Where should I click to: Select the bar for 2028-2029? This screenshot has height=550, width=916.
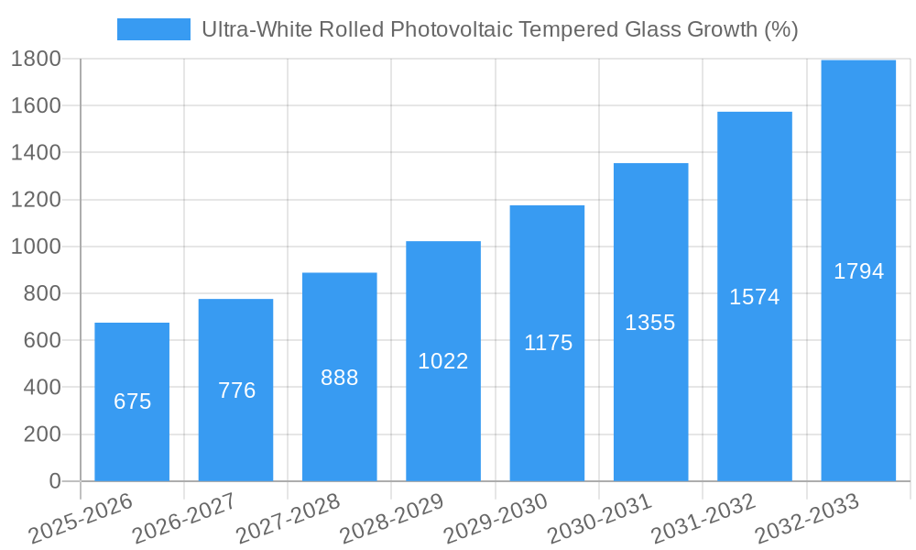pos(443,361)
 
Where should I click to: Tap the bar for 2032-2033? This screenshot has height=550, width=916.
pos(858,270)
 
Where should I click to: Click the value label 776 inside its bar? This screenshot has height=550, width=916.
pos(236,390)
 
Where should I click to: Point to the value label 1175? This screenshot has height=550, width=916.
pos(548,343)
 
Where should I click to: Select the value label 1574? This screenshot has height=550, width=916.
pos(754,297)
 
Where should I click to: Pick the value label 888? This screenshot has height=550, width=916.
pos(340,378)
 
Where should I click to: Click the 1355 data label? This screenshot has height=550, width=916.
pos(650,323)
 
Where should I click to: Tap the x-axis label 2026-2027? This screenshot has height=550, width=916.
pos(184,518)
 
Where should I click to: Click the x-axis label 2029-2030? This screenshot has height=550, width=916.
pos(496,518)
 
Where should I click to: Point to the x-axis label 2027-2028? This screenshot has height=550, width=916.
pos(288,518)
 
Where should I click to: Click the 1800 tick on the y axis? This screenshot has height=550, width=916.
pos(36,59)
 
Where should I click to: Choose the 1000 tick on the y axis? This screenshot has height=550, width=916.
pos(36,247)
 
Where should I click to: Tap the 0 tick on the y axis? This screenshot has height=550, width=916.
pos(54,481)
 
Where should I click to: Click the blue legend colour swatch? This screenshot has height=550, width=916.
pos(153,29)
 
